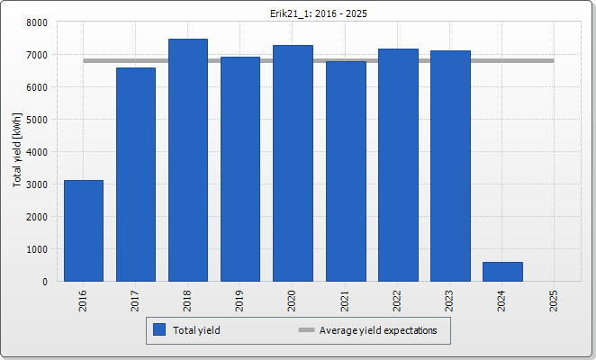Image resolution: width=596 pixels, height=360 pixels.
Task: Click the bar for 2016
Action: pyautogui.click(x=84, y=230)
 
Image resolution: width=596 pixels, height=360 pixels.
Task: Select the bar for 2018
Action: pyautogui.click(x=188, y=160)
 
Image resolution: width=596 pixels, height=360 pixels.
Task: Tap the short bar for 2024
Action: pyautogui.click(x=502, y=272)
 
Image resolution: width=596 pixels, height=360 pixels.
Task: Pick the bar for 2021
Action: pyautogui.click(x=346, y=171)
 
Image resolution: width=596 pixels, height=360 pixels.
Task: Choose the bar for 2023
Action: pyautogui.click(x=450, y=166)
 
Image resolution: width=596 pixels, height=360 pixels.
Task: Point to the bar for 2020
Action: pyautogui.click(x=293, y=163)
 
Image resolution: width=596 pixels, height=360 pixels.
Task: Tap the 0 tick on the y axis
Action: pyautogui.click(x=44, y=282)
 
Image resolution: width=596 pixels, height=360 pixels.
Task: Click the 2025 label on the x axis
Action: pyautogui.click(x=555, y=300)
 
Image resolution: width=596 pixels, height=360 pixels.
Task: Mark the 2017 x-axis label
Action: pyautogui.click(x=136, y=300)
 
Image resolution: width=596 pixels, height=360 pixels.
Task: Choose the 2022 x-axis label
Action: pyautogui.click(x=398, y=300)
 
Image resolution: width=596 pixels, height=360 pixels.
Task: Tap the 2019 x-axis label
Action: pyautogui.click(x=240, y=300)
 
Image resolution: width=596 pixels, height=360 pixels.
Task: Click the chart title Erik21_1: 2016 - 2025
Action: pyautogui.click(x=298, y=13)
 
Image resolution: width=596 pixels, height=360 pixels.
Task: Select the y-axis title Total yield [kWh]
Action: pyautogui.click(x=17, y=151)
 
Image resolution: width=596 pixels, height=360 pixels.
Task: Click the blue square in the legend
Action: pyautogui.click(x=159, y=330)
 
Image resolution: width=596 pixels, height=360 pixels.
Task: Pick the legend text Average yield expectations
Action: pyautogui.click(x=378, y=330)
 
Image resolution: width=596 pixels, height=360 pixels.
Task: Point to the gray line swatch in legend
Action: pyautogui.click(x=306, y=330)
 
